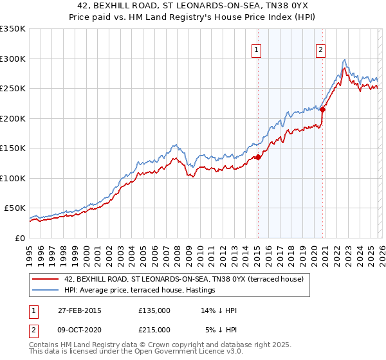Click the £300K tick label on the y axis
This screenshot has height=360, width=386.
[x=13, y=59]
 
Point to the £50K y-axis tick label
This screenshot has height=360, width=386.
[x=15, y=208]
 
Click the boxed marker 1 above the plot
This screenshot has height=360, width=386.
[x=257, y=50]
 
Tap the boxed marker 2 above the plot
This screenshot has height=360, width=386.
[x=320, y=50]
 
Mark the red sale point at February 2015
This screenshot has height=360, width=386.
[x=258, y=157]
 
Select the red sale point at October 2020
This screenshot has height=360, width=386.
[x=322, y=109]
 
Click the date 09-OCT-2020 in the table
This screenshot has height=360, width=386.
[x=77, y=329]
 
